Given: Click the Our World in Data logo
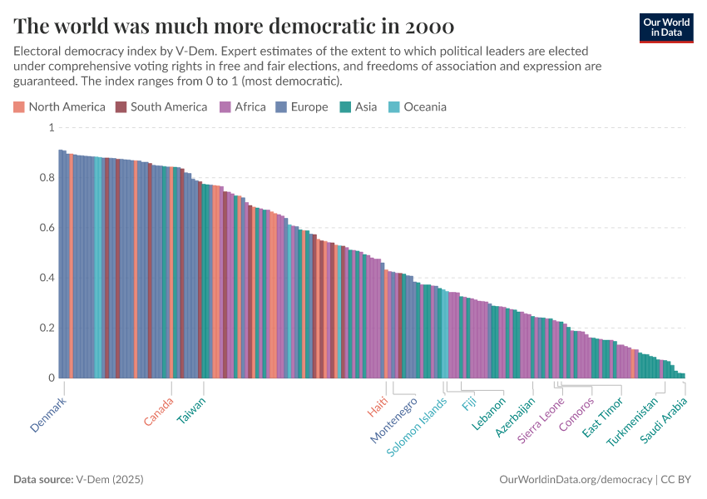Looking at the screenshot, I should pyautogui.click(x=666, y=27).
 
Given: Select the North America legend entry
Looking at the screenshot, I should pyautogui.click(x=59, y=106).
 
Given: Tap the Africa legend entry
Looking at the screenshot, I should pyautogui.click(x=242, y=106).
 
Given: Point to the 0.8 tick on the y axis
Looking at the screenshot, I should pyautogui.click(x=50, y=178).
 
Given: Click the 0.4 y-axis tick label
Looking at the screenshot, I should pyautogui.click(x=50, y=278).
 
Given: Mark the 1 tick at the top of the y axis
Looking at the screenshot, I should pyautogui.click(x=52, y=128).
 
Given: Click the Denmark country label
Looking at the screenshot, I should pyautogui.click(x=48, y=413).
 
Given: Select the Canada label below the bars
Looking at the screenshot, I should pyautogui.click(x=159, y=411).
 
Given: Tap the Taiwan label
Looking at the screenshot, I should pyautogui.click(x=191, y=410).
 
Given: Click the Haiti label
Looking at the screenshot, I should pyautogui.click(x=378, y=408).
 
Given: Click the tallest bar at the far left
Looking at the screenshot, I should pyautogui.click(x=61, y=266).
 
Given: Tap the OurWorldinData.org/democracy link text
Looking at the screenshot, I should pyautogui.click(x=576, y=480).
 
